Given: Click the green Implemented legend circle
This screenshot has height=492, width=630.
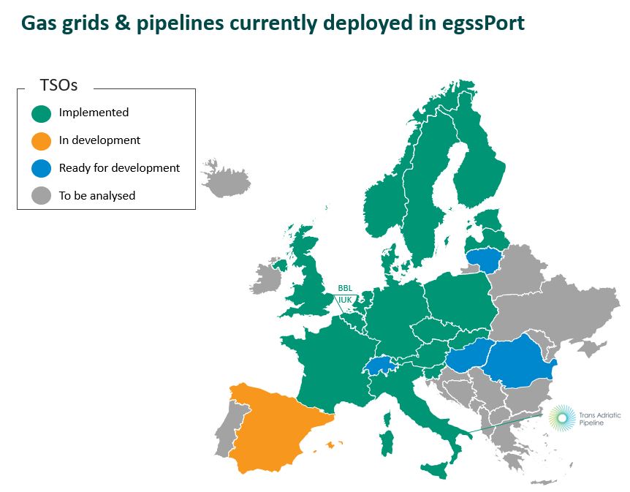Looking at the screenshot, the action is (x=42, y=114).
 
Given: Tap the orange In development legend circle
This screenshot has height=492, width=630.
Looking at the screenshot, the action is (x=42, y=141).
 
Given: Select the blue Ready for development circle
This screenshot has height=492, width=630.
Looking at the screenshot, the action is (x=42, y=168).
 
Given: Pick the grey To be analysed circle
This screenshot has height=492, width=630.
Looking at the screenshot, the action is (x=42, y=196).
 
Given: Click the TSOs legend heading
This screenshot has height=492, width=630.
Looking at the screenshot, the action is (x=58, y=86).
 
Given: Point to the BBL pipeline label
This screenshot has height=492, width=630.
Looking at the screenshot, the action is (x=345, y=288).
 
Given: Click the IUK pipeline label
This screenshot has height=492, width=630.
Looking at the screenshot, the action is (x=345, y=300).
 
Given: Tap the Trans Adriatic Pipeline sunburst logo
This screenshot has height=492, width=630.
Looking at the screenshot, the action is (x=563, y=418).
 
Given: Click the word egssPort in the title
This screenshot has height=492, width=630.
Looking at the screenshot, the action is (x=483, y=23).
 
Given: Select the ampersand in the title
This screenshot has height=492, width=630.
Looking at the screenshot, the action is (x=123, y=23).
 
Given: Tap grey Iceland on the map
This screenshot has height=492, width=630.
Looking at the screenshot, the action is (x=227, y=179).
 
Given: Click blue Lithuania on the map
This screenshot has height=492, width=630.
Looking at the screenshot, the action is (x=484, y=260).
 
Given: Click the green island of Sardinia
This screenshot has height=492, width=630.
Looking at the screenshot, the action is (x=387, y=443).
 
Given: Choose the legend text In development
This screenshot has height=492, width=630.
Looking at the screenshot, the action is (x=99, y=140).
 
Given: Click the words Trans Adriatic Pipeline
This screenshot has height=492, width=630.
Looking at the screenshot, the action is (x=600, y=418).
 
